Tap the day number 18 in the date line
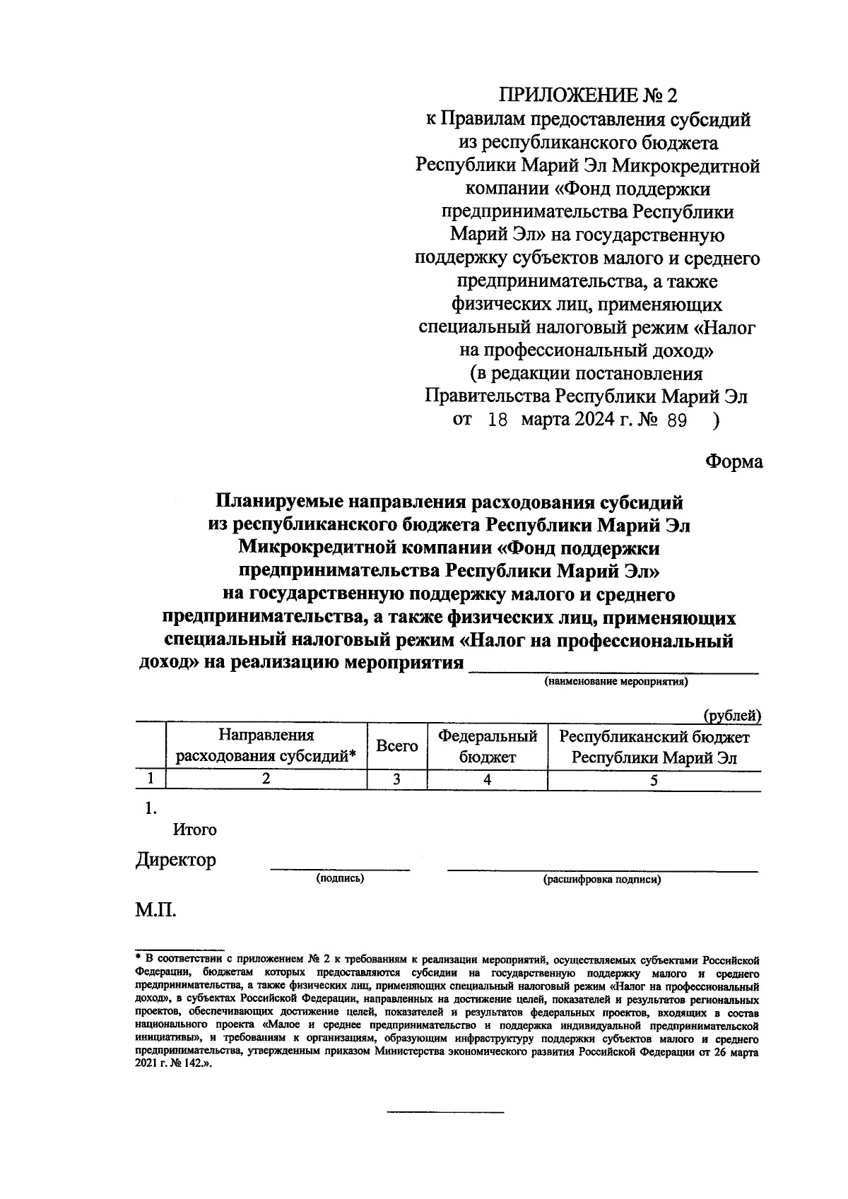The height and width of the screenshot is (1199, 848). [497, 420]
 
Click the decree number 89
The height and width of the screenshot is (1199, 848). [676, 420]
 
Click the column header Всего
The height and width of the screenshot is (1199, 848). [396, 746]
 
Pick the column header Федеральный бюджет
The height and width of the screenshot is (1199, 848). [488, 747]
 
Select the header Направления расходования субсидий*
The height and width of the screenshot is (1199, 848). [266, 747]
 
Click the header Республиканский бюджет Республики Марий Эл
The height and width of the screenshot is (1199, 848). [654, 747]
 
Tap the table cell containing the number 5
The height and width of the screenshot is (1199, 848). [654, 780]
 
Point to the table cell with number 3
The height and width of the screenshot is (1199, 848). [396, 780]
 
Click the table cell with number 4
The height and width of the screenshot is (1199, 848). [487, 780]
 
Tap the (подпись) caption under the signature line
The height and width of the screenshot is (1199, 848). [340, 879]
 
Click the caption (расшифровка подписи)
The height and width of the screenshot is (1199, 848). [602, 880]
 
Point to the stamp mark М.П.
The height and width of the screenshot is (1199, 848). [155, 909]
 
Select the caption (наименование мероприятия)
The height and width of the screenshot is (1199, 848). [615, 682]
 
